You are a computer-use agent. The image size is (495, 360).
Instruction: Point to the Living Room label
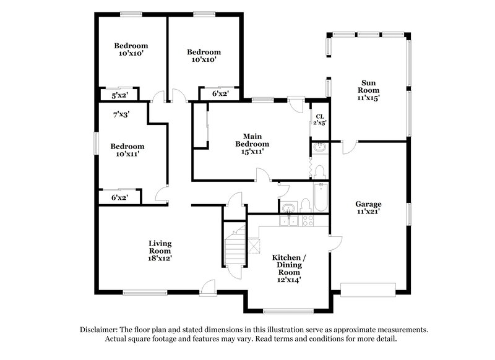(160, 247)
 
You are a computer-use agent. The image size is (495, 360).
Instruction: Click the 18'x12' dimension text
(160, 258)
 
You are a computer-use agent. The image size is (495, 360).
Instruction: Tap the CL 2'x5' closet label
(320, 119)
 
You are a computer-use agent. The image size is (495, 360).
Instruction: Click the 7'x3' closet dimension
(121, 114)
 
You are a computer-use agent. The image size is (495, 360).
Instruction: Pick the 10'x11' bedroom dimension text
(127, 154)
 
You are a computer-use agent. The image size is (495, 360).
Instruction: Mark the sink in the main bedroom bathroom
(319, 148)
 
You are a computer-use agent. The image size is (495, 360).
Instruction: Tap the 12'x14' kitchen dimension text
(288, 280)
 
